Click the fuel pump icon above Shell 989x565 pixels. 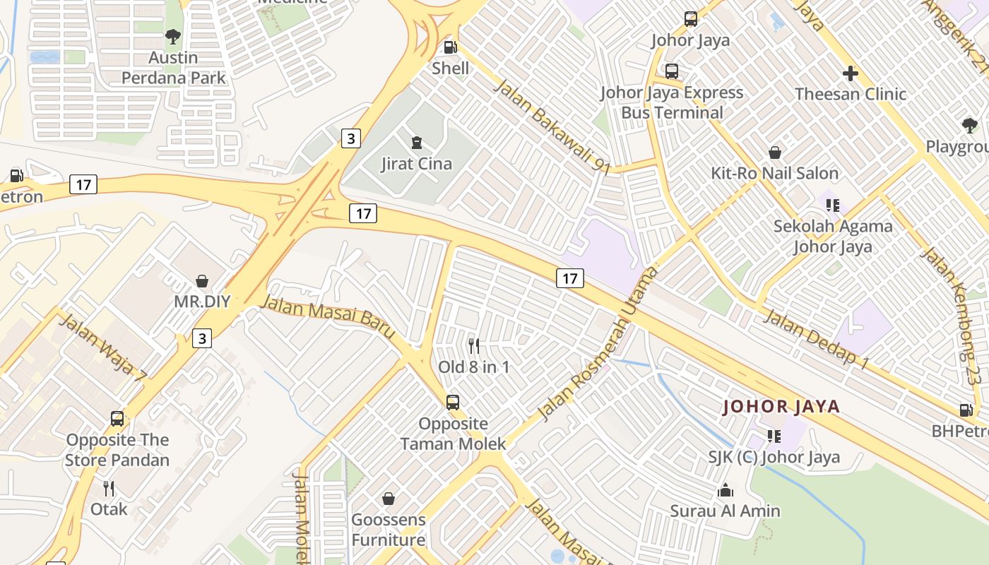coord(450,47)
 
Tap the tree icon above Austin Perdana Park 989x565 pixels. coord(173,36)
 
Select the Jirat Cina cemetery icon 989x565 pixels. coord(417,143)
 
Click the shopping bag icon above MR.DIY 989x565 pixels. coord(202,281)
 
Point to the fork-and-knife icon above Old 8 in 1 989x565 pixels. coord(474,345)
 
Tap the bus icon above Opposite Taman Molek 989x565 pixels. coord(453,403)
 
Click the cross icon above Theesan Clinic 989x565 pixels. coord(851,73)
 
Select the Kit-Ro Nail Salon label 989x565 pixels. coord(774,173)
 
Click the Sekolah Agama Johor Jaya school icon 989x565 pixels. coord(833,206)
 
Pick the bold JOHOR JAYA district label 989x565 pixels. coord(781,407)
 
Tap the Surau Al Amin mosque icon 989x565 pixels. coord(726,490)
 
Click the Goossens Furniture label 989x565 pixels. coord(389,530)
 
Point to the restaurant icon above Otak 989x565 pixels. coord(109,488)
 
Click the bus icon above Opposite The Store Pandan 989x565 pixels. coord(117,419)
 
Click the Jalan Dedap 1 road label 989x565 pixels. coord(817,339)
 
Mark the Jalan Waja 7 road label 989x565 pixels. coord(103,349)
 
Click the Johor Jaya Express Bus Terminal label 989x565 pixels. coord(671,102)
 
